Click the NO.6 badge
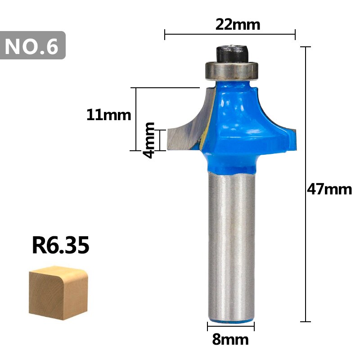(33, 45)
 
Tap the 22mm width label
(238, 24)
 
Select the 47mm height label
(329, 189)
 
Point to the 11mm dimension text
(108, 115)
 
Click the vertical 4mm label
(149, 139)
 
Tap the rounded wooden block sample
(58, 292)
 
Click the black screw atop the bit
(232, 52)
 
